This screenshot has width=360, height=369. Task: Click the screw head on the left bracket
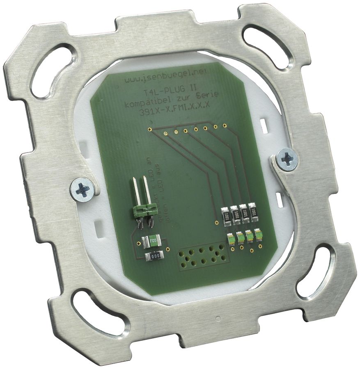tap(83, 190)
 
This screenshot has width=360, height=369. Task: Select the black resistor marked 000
tap(155, 257)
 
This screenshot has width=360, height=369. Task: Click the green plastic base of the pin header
tap(144, 211)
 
